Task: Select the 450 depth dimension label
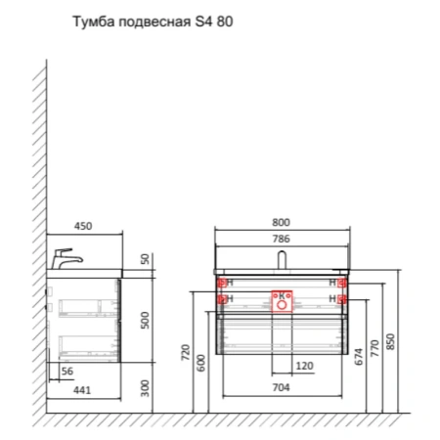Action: click(84, 226)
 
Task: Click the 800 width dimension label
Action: click(282, 222)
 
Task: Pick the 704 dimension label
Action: click(282, 388)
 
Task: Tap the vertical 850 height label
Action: click(391, 341)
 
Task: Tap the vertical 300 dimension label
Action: click(145, 389)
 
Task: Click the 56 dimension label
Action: click(67, 372)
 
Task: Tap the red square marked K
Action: click(283, 295)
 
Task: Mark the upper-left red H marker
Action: click(224, 283)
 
